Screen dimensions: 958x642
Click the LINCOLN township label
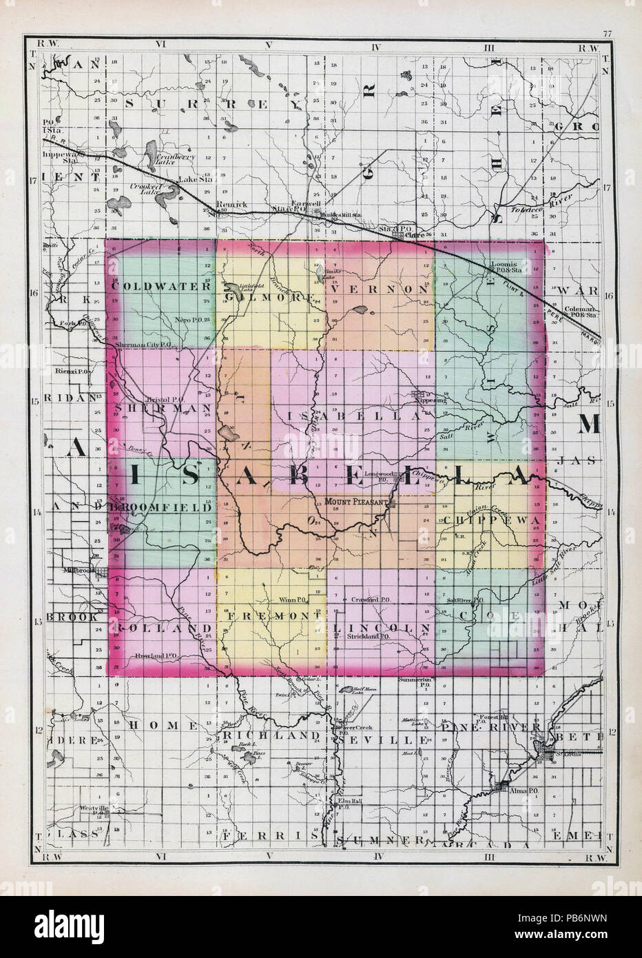click(x=382, y=628)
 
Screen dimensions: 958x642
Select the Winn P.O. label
click(x=294, y=600)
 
